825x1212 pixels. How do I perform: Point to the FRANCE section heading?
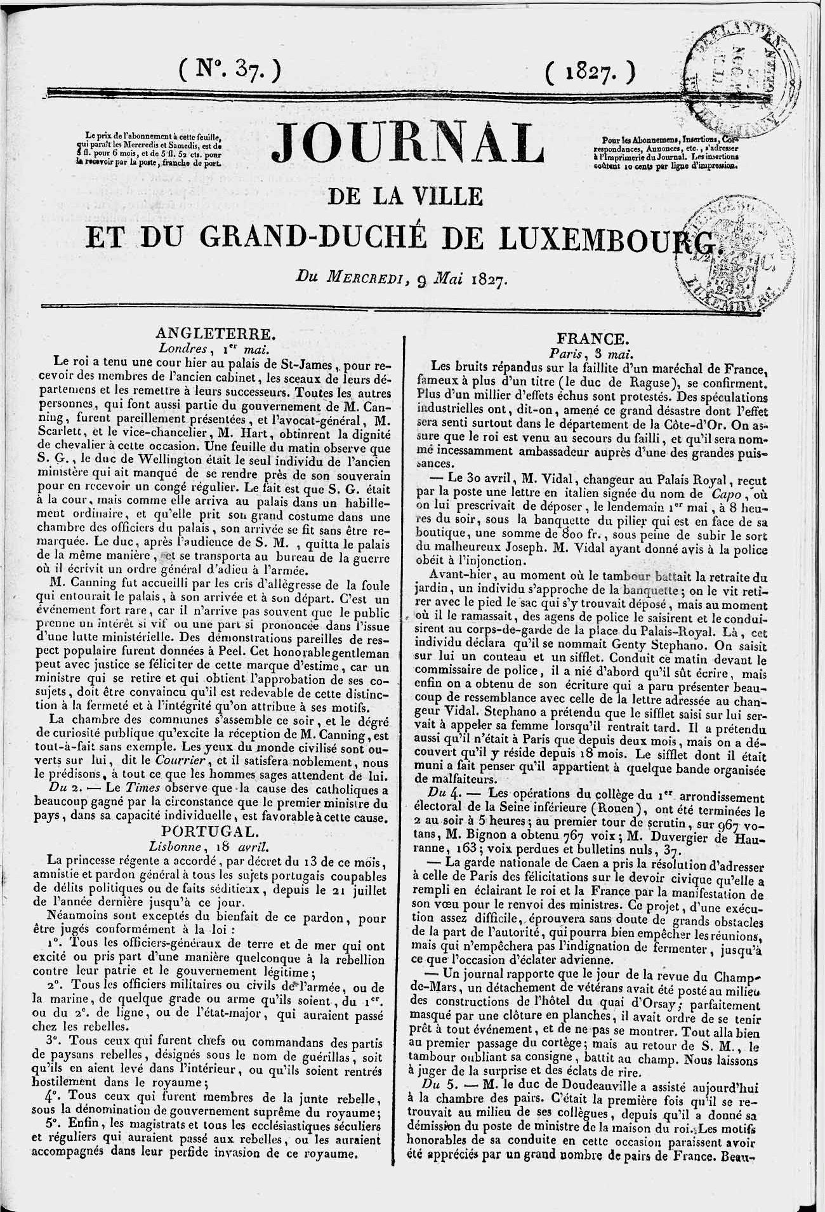(593, 338)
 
